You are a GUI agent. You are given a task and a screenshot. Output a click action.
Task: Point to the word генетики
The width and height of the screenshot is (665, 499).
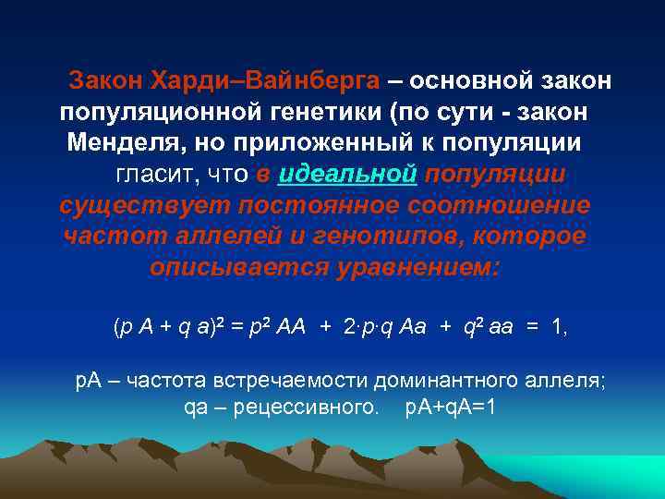coord(319,112)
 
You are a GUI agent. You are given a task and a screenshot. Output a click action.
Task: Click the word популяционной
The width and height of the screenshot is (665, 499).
coord(152,112)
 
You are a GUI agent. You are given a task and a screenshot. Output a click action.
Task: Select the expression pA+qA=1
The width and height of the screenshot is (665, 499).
coord(451,406)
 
